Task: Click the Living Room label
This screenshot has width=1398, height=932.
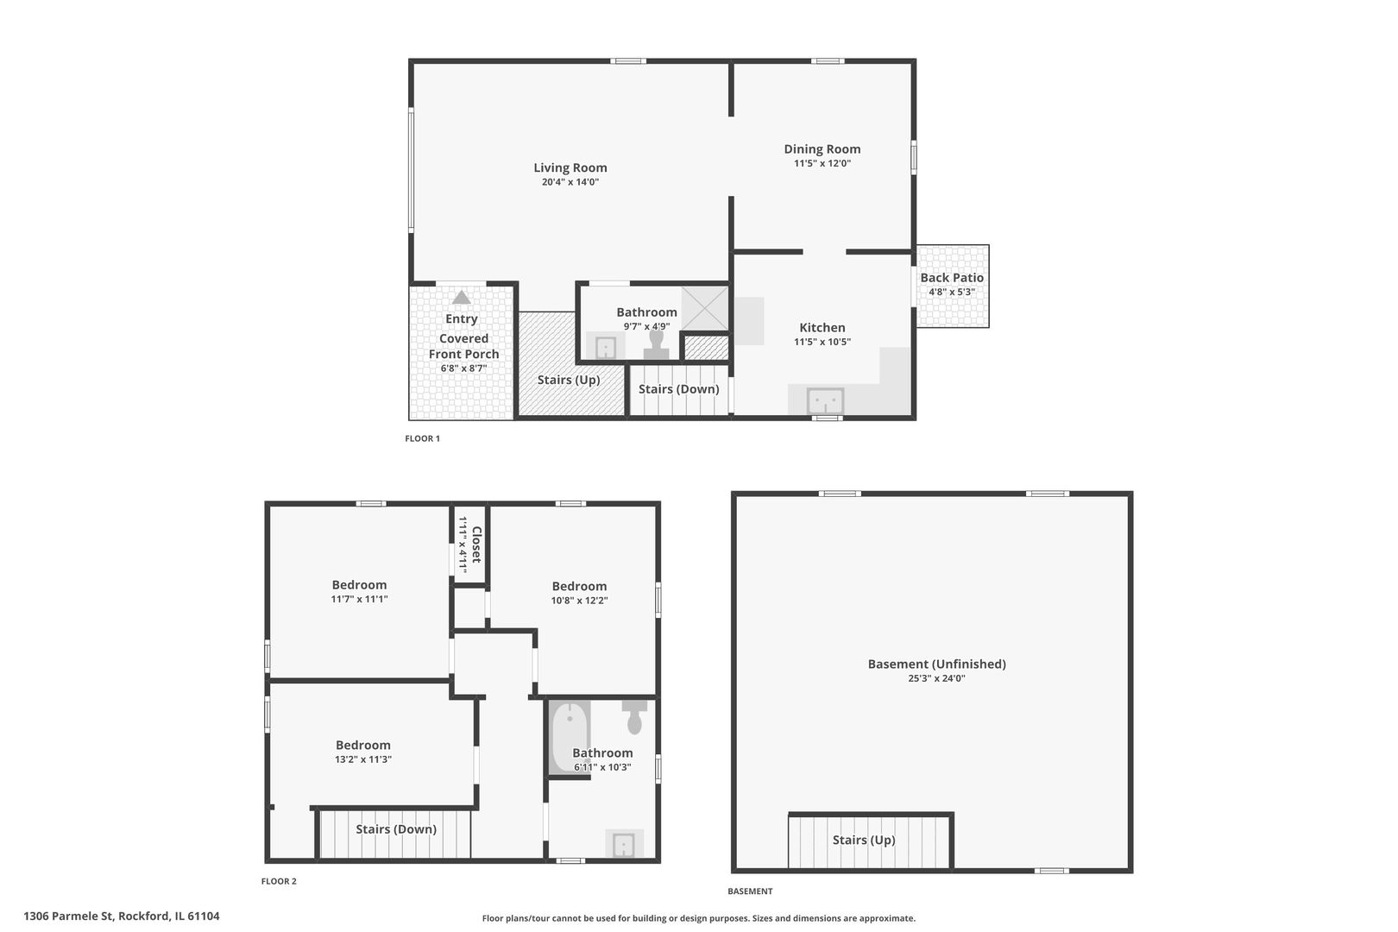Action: pos(570,168)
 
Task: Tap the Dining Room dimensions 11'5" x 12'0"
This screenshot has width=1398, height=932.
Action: pos(822,163)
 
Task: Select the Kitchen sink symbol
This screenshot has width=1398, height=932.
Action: pos(825,401)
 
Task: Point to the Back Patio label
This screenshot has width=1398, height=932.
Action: pos(951,278)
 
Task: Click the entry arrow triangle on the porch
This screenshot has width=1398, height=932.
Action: pos(462,298)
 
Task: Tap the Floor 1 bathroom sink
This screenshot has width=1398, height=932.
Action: pos(606,348)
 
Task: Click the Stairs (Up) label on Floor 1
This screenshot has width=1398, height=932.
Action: pos(568,380)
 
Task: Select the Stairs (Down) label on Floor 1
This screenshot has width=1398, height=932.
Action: pos(678,389)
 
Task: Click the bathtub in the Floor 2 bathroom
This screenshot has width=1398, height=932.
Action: pos(570,736)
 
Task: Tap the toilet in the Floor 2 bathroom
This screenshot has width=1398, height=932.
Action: pos(635,715)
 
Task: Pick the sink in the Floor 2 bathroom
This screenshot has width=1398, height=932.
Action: pos(623,844)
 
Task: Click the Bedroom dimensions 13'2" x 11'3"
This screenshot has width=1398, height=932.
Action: pos(363,759)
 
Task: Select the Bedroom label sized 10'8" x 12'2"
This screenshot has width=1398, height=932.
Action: pos(579,587)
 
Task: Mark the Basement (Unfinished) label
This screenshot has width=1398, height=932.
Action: pos(936,664)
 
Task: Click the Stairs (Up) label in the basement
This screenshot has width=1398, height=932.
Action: pos(863,841)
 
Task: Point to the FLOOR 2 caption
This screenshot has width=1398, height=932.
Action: pos(279,881)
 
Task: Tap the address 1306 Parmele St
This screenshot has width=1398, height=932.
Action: pos(122,916)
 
